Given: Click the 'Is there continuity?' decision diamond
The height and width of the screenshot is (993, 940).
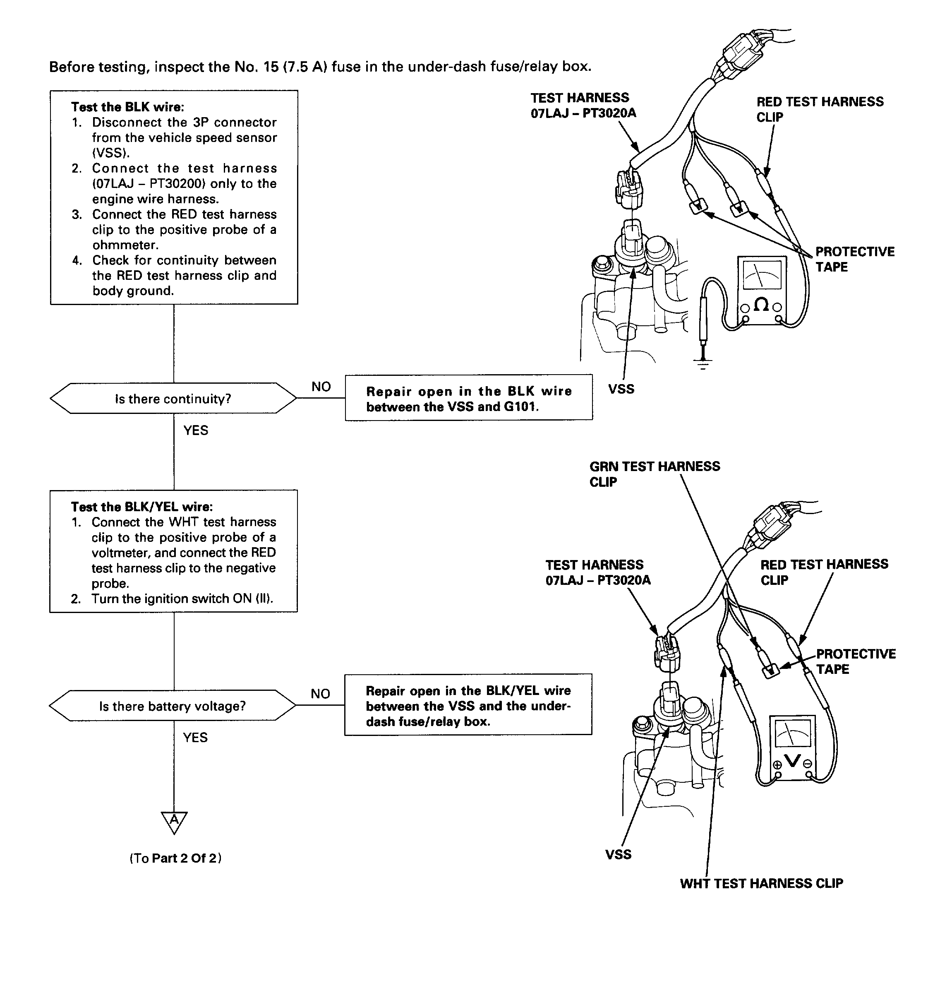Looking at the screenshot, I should [173, 399].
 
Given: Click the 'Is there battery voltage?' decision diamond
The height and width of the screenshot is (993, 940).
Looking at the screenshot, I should [173, 706].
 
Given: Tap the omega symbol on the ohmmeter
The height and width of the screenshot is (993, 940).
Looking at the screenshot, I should [761, 304].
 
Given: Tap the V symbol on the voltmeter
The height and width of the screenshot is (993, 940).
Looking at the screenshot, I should [792, 761].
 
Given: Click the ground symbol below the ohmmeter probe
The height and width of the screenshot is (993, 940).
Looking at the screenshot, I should [703, 363].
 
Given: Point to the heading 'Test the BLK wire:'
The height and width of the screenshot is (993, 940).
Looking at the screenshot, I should [127, 107].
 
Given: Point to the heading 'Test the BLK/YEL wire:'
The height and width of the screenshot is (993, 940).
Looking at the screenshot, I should [142, 506].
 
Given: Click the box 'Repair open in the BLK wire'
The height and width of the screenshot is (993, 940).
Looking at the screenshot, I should [468, 398].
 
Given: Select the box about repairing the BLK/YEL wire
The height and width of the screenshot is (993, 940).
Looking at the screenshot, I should [468, 705].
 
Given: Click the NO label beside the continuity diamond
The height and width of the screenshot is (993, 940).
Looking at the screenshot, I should [321, 387].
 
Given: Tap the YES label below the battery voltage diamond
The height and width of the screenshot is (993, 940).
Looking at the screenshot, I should [195, 737].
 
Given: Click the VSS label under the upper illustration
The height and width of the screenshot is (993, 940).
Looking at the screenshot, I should [621, 389].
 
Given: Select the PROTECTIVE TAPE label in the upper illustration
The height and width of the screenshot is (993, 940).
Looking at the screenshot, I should [855, 259].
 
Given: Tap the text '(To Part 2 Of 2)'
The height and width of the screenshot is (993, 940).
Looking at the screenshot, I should [176, 858].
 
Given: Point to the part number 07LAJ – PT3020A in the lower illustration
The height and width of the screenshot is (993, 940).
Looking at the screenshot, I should [598, 580].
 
